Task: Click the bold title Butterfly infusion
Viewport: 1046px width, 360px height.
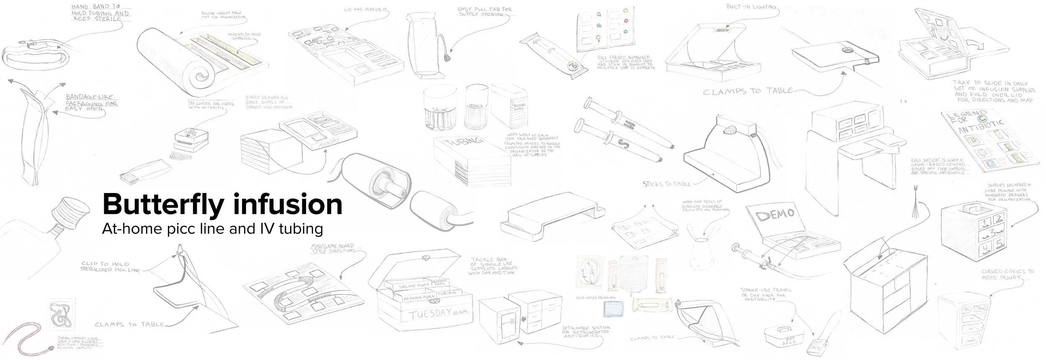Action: pos(222,205)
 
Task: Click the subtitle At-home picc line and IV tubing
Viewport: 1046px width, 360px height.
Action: pos(213,229)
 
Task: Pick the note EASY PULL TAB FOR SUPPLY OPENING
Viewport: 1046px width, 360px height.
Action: pos(485,11)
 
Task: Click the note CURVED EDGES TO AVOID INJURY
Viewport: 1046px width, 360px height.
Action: pos(1007,274)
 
